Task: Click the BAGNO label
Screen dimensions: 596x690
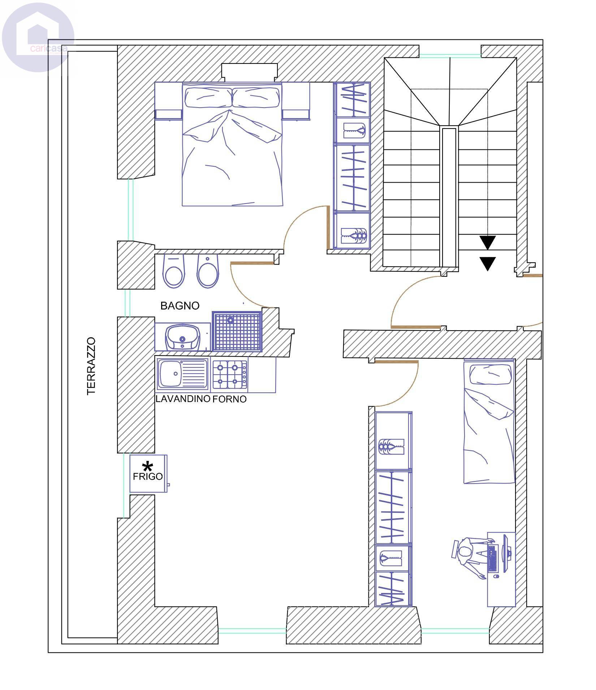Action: (x=180, y=306)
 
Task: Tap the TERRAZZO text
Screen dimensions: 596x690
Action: (x=91, y=366)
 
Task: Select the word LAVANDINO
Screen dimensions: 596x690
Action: (x=183, y=399)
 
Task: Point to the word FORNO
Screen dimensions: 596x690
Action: (x=230, y=399)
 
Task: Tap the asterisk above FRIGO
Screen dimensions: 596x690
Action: (x=147, y=466)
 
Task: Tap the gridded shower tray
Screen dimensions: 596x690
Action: (x=237, y=331)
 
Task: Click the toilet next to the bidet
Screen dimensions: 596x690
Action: (x=174, y=271)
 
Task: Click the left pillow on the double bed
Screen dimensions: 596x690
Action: (x=208, y=97)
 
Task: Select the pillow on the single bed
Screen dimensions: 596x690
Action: (x=491, y=374)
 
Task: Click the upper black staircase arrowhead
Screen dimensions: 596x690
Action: (x=488, y=243)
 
